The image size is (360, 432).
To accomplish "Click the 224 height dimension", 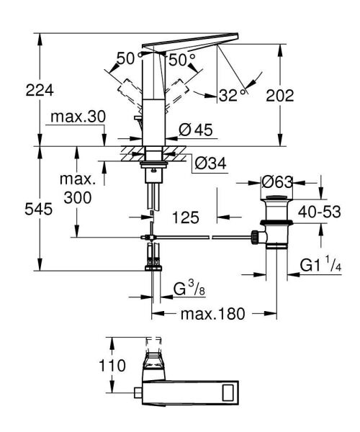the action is [x=40, y=91].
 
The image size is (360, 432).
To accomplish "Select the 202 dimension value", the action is [x=280, y=96].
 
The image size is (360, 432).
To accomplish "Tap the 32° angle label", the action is [x=232, y=95].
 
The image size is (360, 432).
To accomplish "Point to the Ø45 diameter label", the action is [x=196, y=130].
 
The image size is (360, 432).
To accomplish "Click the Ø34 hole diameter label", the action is [x=211, y=163].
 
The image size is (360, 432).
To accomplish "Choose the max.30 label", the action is [x=78, y=117].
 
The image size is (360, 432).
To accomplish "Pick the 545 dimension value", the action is [x=39, y=209].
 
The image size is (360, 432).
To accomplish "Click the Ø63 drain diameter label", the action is [x=276, y=182].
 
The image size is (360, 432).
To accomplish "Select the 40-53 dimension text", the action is [x=320, y=212].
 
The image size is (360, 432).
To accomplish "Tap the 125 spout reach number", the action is [x=185, y=217].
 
